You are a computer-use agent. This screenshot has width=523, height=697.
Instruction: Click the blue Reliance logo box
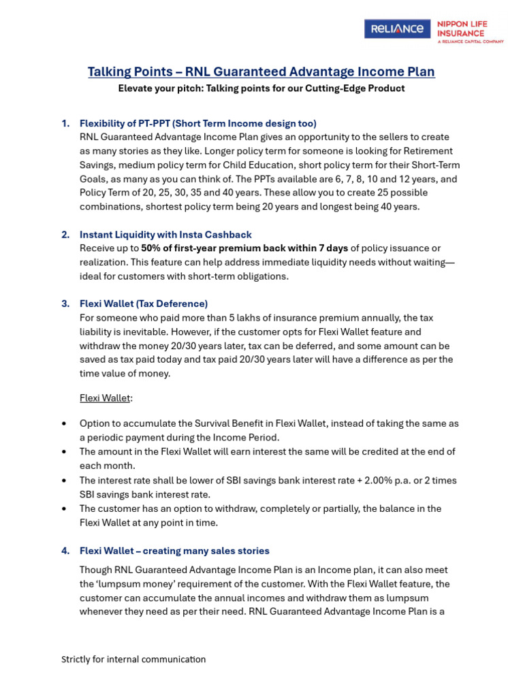pos(397,29)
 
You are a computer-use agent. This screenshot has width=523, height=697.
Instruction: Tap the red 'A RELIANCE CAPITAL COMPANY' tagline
pos(470,42)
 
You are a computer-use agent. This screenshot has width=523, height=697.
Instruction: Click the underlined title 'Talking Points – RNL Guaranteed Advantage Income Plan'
pos(261,72)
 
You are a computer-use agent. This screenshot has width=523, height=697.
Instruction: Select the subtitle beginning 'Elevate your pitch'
pos(261,88)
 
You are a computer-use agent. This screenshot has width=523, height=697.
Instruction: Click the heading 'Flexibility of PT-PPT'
pos(197,123)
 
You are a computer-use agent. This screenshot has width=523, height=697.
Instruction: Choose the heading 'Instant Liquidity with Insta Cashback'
pos(165,234)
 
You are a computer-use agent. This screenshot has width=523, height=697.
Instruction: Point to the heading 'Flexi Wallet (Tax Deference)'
pos(144,304)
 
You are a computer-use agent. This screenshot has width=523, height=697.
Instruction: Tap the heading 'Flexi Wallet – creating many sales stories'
pos(174,551)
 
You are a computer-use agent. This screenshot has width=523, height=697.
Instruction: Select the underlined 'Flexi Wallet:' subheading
pos(106,398)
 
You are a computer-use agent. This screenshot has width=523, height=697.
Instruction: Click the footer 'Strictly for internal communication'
pos(133,659)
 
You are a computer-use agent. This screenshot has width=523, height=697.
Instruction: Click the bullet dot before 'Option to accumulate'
pos(64,423)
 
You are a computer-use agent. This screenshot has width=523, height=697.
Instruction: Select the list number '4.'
pos(65,551)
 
